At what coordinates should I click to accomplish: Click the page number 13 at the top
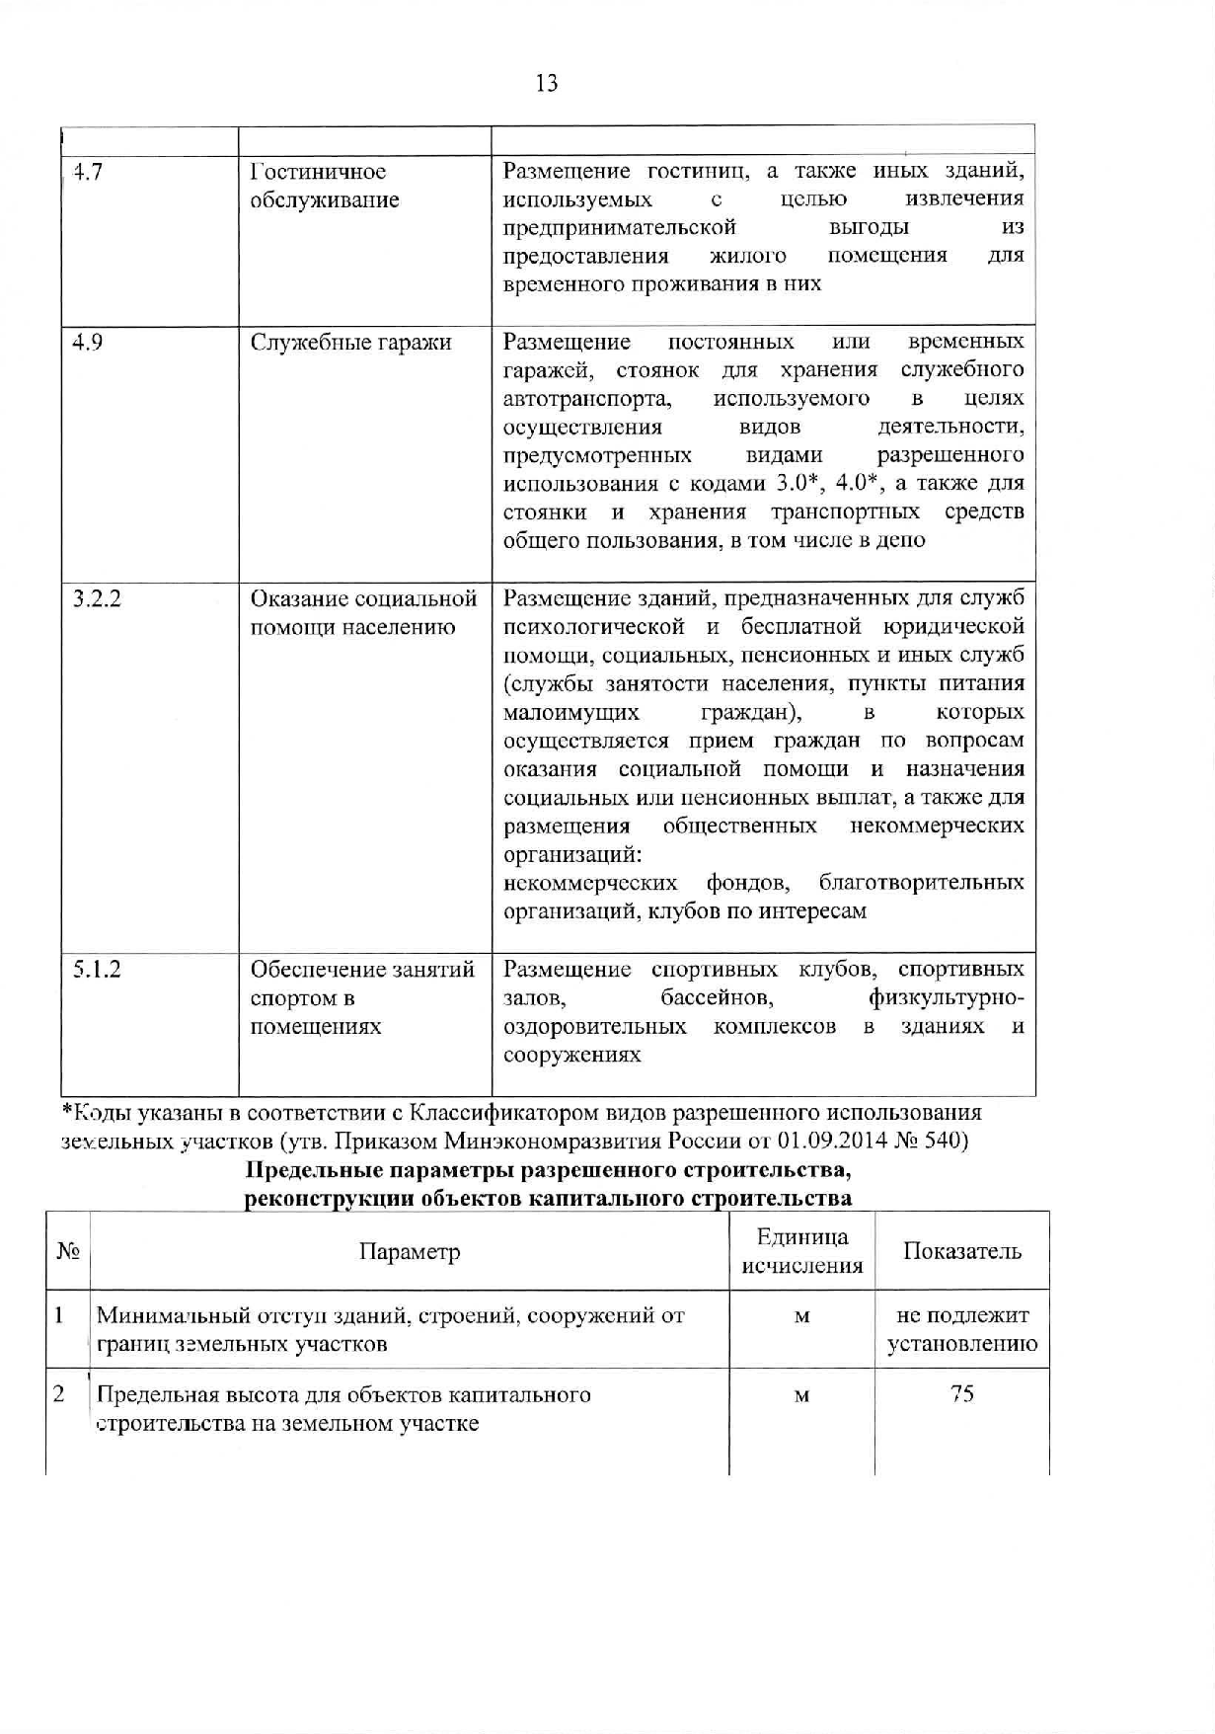(x=547, y=84)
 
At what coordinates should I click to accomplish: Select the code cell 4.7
(x=90, y=173)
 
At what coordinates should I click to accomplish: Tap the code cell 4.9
(x=90, y=343)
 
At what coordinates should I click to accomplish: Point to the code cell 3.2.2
(x=98, y=599)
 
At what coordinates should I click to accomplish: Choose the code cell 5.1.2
(x=98, y=970)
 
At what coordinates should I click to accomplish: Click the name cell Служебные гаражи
(x=350, y=343)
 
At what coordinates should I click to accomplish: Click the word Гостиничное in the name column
(x=318, y=173)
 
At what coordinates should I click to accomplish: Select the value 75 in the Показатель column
(x=961, y=1394)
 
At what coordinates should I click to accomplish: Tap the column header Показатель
(x=961, y=1251)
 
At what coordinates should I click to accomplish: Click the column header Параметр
(x=410, y=1252)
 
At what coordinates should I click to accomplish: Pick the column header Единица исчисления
(x=801, y=1251)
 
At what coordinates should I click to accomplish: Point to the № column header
(x=67, y=1251)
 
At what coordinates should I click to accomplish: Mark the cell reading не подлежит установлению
(x=961, y=1329)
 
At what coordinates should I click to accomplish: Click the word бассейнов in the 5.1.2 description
(x=717, y=998)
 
